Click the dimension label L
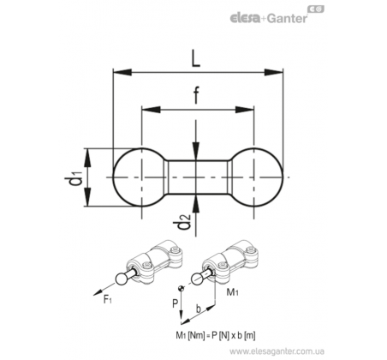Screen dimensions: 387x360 pos(195,58)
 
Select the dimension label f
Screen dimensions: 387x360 pos(196,95)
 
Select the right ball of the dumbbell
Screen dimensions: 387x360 pos(257,177)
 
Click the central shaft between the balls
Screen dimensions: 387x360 pos(198,177)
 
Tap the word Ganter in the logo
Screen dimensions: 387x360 pos(288,19)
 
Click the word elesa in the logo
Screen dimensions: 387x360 pos(245,19)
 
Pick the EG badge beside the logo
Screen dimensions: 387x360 pos(316,9)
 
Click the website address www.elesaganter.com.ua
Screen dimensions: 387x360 pos(277,351)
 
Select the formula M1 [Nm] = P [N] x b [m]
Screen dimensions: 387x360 pos(216,335)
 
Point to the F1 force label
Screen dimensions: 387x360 pos(107,300)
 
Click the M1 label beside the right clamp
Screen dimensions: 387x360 pos(232,292)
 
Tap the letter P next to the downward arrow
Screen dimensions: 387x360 pos(175,303)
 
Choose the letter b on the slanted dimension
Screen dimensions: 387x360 pos(198,309)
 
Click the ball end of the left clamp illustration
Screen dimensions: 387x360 pos(121,279)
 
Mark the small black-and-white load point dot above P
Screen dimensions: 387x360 pos(181,289)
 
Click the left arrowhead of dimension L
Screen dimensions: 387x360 pos(122,72)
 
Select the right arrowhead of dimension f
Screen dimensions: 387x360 pos(245,110)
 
